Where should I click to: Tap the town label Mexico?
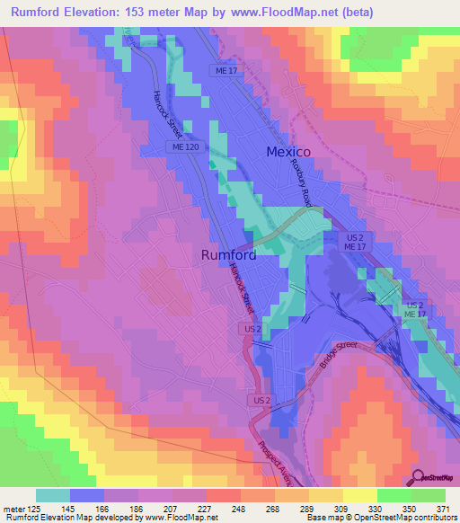click(288, 152)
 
